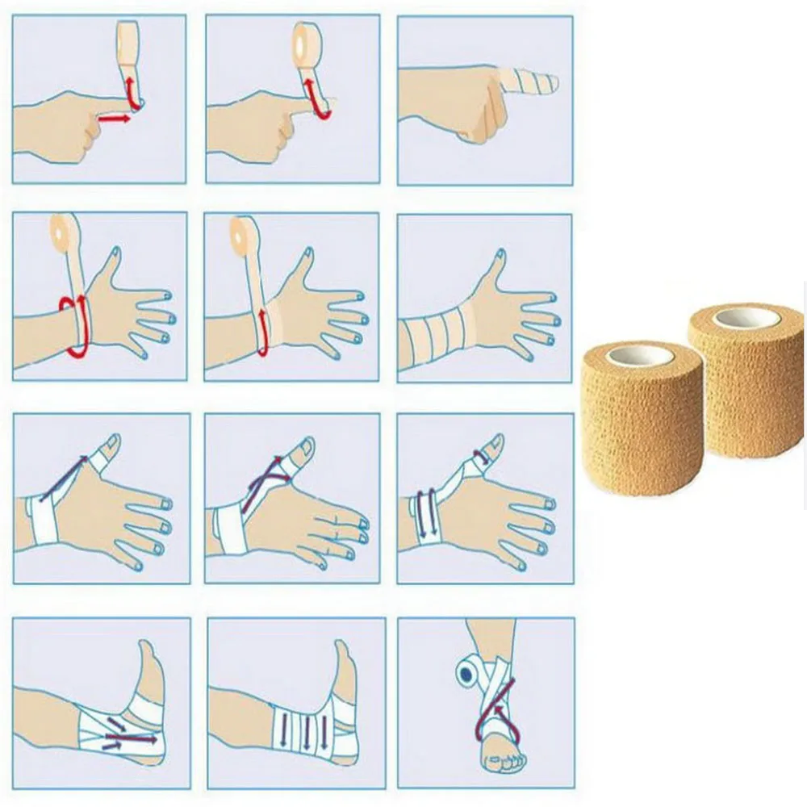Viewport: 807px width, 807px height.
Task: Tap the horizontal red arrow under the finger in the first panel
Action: coord(114,119)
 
